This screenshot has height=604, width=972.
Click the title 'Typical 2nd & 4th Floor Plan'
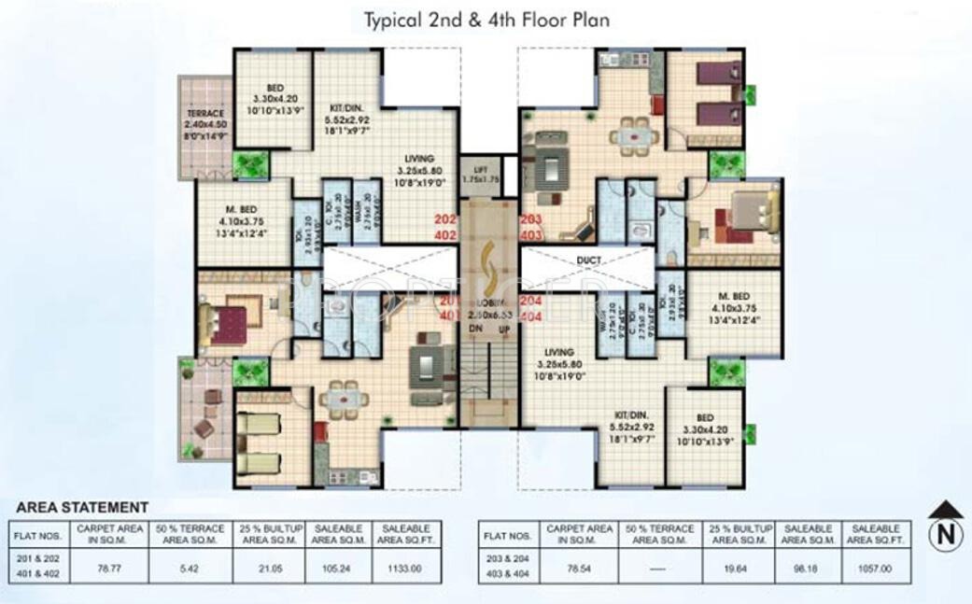(x=486, y=20)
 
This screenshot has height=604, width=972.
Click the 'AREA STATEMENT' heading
(x=82, y=507)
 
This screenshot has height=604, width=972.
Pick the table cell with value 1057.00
(x=876, y=568)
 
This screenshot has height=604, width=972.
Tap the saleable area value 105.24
(x=337, y=568)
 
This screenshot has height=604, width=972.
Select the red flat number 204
(x=531, y=302)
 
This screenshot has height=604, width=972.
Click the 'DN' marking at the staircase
(x=475, y=330)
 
